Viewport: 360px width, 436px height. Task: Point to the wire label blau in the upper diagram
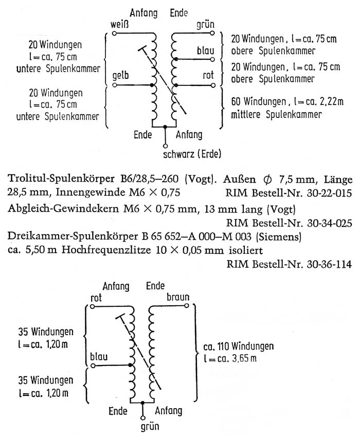point(205,50)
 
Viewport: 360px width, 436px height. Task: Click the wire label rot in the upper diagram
point(208,76)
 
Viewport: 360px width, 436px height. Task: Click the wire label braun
point(178,297)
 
